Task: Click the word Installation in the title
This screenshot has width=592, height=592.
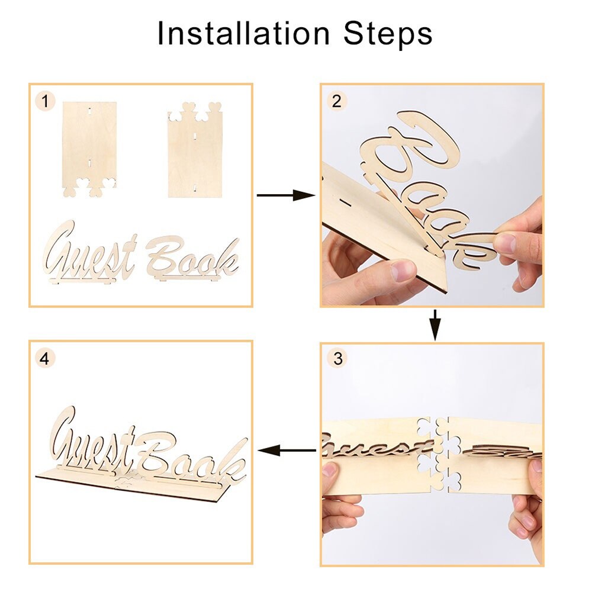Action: click(x=243, y=34)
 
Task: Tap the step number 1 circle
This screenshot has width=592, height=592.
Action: click(x=45, y=101)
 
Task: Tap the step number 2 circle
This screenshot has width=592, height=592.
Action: click(x=336, y=101)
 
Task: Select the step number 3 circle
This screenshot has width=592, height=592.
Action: click(x=337, y=359)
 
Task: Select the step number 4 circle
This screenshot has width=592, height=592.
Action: click(x=45, y=358)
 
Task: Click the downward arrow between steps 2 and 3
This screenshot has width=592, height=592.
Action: click(x=435, y=325)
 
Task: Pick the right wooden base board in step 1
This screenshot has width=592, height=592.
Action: click(x=195, y=151)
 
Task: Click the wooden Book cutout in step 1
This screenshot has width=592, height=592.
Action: click(x=192, y=258)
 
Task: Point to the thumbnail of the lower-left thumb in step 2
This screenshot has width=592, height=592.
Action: click(x=403, y=271)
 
